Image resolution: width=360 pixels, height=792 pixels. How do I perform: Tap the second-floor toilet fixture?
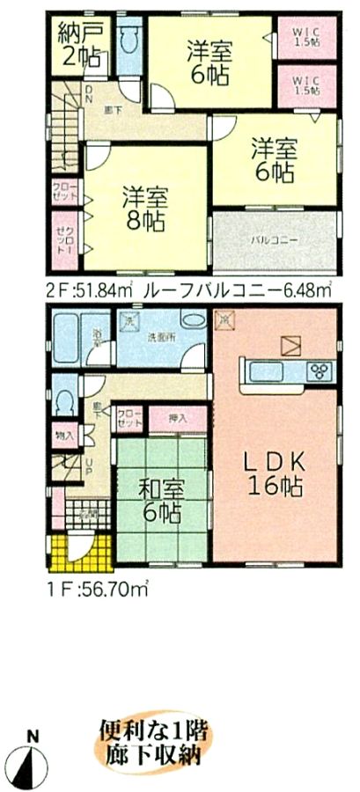tap(130, 43)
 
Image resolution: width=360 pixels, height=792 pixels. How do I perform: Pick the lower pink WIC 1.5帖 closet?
tap(308, 86)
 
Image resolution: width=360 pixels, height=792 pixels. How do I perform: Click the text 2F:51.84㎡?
tap(86, 288)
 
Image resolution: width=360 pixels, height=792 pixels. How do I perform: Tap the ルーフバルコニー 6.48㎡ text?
tap(237, 288)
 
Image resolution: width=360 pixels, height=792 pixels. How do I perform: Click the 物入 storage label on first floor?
tap(64, 434)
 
